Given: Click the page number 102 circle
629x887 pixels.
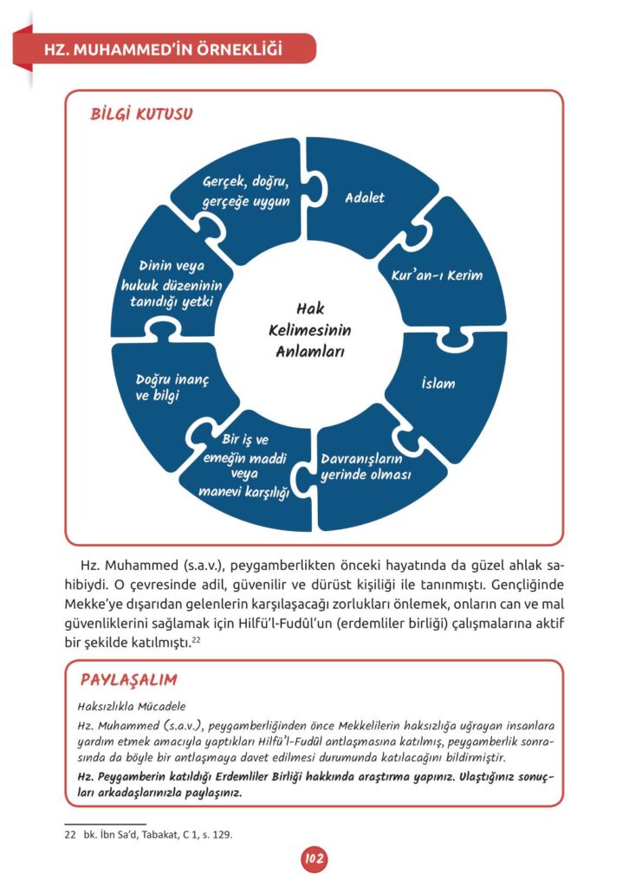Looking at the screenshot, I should (314, 858).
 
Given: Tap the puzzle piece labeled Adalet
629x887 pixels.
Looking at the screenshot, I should (365, 198).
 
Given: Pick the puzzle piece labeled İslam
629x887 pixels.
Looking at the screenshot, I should (438, 383).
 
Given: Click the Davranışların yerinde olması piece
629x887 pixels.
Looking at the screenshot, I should (366, 467).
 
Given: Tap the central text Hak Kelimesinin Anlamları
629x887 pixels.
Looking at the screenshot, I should (310, 330).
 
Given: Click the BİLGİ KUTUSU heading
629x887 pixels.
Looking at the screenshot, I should (142, 114).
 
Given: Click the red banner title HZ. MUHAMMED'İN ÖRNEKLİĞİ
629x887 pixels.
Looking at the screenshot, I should (165, 49).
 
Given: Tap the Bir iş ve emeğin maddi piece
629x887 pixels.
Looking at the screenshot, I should (245, 467).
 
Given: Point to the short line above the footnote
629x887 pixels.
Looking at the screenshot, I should (106, 823).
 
